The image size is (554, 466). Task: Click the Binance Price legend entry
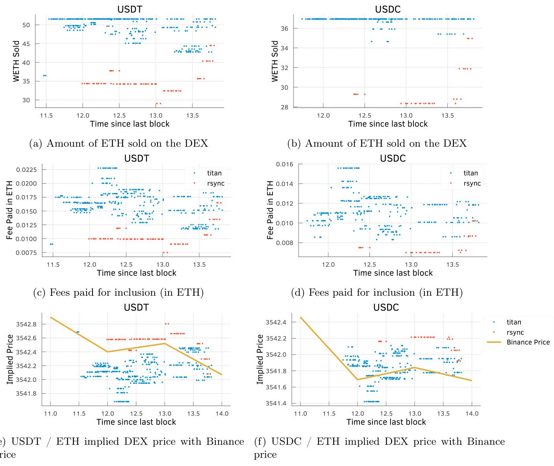(528, 342)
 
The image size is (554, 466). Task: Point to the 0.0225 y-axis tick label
(26, 169)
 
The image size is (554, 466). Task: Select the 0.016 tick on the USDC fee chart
(284, 164)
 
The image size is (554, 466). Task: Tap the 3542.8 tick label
(26, 324)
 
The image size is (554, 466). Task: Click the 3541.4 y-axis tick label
(276, 403)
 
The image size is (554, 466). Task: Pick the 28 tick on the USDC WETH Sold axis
(284, 107)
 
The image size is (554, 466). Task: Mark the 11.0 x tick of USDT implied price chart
(50, 413)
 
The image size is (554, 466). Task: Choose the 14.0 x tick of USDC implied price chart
(472, 413)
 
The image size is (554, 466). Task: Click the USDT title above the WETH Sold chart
(130, 9)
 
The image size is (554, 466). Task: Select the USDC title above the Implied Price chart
(386, 308)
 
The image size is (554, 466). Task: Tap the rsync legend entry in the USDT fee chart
(216, 183)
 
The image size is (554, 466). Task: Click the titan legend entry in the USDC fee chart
(471, 173)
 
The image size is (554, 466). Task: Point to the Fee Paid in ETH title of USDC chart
(270, 210)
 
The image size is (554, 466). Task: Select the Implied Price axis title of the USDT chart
(10, 359)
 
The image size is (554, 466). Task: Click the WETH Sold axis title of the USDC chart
(275, 61)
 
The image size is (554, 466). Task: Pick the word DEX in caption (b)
(455, 144)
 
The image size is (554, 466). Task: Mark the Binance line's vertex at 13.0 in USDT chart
(165, 343)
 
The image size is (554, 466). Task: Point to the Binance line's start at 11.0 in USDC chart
(300, 317)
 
